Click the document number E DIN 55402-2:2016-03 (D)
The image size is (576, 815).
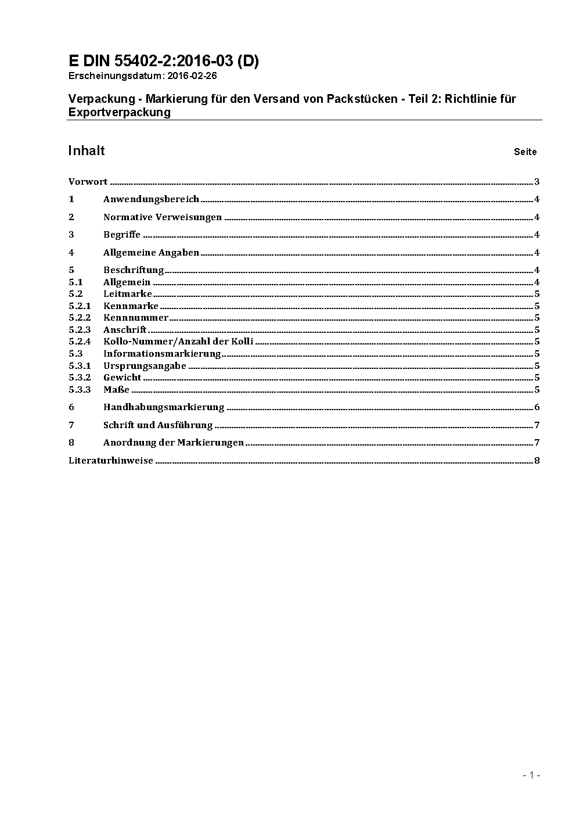[x=164, y=61]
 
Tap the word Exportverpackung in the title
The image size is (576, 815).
[x=120, y=113]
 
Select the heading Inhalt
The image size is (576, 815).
[x=87, y=151]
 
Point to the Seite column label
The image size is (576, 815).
[x=525, y=152]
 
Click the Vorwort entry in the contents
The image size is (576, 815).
[x=88, y=182]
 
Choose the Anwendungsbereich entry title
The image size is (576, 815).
[x=151, y=199]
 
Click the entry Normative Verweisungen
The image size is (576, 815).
[x=163, y=217]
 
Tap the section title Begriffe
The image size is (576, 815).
[x=122, y=235]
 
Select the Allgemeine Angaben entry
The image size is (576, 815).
[x=151, y=253]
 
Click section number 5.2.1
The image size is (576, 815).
[x=80, y=306]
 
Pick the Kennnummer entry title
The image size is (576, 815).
[x=136, y=318]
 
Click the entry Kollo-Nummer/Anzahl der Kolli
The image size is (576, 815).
[x=178, y=342]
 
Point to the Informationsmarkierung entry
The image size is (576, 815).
[x=162, y=354]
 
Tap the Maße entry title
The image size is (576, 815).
[x=116, y=390]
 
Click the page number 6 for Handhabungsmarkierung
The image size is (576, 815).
[x=537, y=407]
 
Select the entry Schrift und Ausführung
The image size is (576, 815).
[x=158, y=425]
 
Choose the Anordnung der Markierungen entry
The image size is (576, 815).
[x=174, y=443]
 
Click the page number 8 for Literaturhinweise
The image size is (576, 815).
[x=537, y=461]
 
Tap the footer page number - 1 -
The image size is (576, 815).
[x=531, y=775]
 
